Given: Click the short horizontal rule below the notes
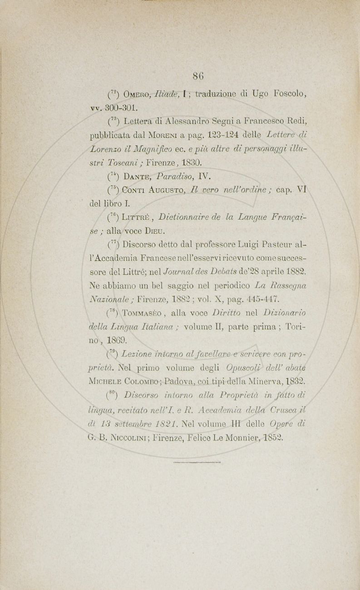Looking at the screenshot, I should click(x=197, y=463).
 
